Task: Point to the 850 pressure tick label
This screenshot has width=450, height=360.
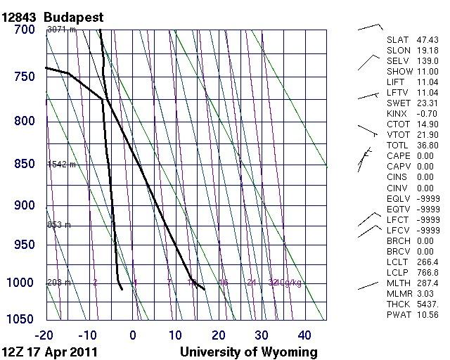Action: click(25, 164)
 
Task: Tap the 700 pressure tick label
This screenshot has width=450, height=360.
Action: click(25, 30)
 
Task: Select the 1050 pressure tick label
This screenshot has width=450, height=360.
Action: click(21, 319)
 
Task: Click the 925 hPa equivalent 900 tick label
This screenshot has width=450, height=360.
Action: click(25, 205)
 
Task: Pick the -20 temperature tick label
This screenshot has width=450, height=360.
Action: click(46, 335)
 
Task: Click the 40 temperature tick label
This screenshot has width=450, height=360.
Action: click(304, 335)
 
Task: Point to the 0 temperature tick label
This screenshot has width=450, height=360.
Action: click(133, 335)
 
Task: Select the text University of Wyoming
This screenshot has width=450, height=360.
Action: click(249, 351)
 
